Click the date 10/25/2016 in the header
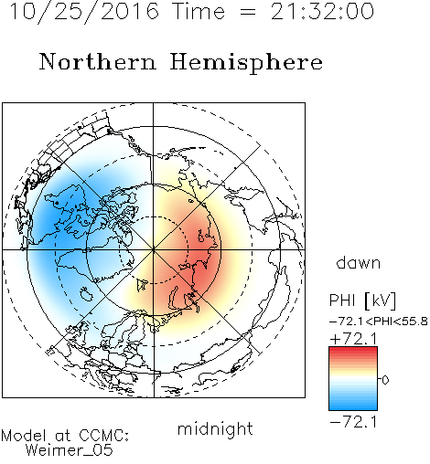[x=84, y=11]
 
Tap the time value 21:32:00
[x=322, y=11]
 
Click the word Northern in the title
[x=98, y=61]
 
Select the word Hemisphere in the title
[x=246, y=63]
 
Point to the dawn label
[x=359, y=263]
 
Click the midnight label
[x=215, y=429]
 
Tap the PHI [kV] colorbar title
[x=362, y=301]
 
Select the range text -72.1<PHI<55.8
[x=379, y=322]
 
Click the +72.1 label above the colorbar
[x=353, y=339]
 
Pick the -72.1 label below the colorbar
[x=353, y=422]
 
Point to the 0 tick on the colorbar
[x=385, y=380]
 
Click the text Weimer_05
[x=70, y=450]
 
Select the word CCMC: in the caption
[x=104, y=436]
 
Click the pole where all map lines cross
[x=154, y=249]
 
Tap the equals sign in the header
[x=247, y=13]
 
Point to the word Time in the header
[x=199, y=11]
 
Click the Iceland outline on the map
[x=86, y=294]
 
